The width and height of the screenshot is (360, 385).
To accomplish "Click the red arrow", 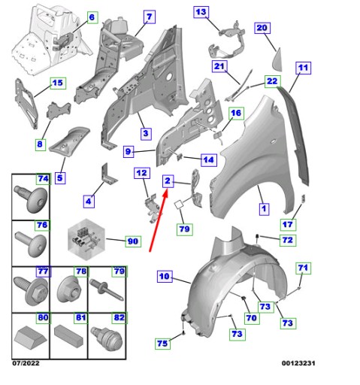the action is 159,220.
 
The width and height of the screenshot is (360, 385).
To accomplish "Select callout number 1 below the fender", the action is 264,209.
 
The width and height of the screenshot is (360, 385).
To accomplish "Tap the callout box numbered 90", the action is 133,241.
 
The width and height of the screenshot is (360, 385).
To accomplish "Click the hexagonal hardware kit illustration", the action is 86,240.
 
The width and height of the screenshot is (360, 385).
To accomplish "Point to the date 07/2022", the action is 26,363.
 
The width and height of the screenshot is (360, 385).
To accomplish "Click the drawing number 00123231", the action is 298,363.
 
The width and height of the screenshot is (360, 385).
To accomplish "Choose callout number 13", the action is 201,12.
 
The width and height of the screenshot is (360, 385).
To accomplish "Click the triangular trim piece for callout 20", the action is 277,59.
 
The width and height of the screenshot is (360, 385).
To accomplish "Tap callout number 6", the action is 92,17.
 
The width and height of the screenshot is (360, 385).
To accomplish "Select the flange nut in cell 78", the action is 68,290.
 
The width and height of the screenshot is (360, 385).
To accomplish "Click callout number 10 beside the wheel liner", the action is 165,276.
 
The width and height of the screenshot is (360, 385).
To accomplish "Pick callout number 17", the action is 288,224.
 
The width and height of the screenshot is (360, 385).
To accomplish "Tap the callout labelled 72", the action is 288,240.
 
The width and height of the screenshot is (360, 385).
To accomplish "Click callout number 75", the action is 162,343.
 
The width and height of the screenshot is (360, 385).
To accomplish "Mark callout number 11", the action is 303,68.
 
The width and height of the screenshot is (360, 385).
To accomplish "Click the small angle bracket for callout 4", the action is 107,173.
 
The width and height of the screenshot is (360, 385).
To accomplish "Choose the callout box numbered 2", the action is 168,181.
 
